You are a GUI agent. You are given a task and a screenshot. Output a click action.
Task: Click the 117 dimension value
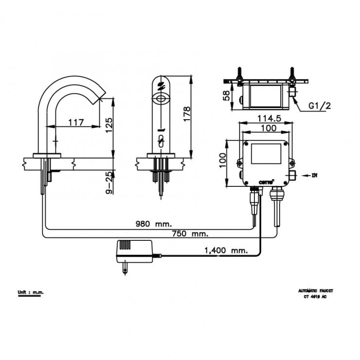[75, 123]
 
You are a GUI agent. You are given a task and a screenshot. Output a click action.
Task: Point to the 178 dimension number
[186, 114]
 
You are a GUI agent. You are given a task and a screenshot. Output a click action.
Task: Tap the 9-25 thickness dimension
[109, 182]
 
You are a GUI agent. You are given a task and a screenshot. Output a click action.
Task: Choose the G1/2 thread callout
[320, 106]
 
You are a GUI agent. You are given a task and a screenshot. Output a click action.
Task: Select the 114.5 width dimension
[265, 118]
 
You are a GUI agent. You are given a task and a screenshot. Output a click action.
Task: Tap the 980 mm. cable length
[154, 224]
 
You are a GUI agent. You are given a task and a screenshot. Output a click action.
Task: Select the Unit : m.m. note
[30, 292]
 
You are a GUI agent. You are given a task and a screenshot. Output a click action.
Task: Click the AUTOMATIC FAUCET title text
[316, 290]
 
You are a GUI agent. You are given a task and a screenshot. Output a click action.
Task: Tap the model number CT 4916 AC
[316, 297]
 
